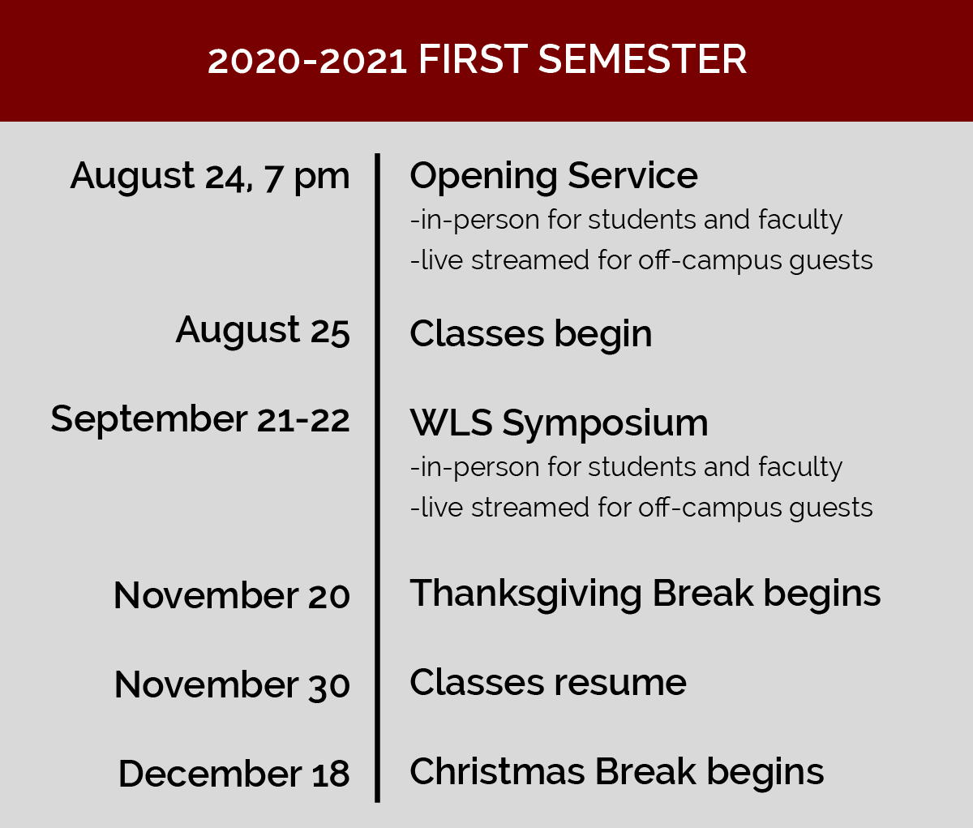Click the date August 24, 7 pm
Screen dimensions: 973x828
(210, 177)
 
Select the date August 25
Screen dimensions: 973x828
(263, 332)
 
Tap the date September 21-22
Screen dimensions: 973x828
(200, 420)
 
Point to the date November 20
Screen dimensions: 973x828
(232, 595)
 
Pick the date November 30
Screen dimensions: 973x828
(232, 685)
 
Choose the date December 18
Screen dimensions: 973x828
(234, 774)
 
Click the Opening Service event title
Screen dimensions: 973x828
(554, 177)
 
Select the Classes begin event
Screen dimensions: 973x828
(531, 335)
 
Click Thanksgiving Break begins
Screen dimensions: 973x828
(645, 594)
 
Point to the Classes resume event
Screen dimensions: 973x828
(548, 683)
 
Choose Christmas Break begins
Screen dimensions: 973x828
(617, 773)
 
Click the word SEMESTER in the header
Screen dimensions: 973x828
(642, 59)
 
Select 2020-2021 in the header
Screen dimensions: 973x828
(307, 61)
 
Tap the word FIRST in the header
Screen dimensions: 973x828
(473, 59)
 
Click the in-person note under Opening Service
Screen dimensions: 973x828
(626, 221)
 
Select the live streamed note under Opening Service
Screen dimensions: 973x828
(641, 261)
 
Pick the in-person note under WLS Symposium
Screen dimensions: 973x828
(626, 468)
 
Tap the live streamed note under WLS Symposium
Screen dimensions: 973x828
(641, 508)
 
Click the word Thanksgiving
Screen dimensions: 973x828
(525, 594)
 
